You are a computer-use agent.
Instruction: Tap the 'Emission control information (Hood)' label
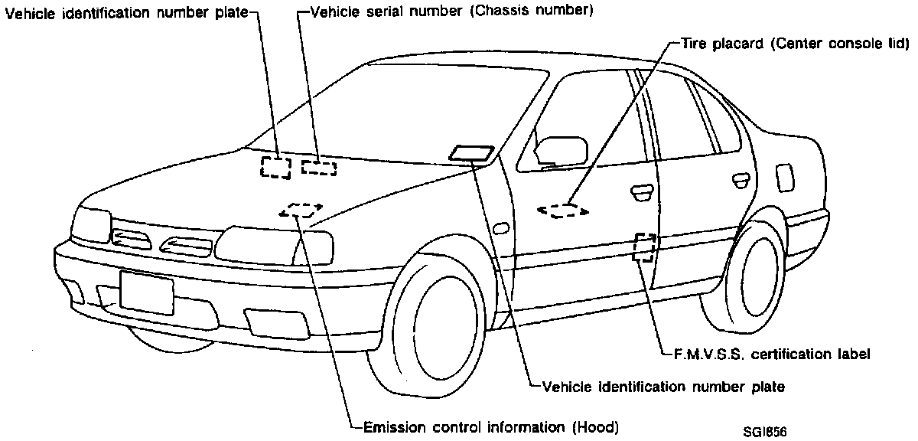pyautogui.click(x=490, y=426)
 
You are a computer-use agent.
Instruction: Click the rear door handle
pyautogui.click(x=740, y=180)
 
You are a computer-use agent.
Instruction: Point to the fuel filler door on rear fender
pyautogui.click(x=784, y=178)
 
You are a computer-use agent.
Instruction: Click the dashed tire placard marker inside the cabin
pyautogui.click(x=563, y=210)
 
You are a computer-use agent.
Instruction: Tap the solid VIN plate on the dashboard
pyautogui.click(x=472, y=153)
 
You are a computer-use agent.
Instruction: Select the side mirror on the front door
pyautogui.click(x=561, y=151)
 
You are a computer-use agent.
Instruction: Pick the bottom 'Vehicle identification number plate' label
pyautogui.click(x=662, y=387)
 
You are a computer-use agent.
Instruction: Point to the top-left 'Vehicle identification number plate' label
pyautogui.click(x=127, y=13)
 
